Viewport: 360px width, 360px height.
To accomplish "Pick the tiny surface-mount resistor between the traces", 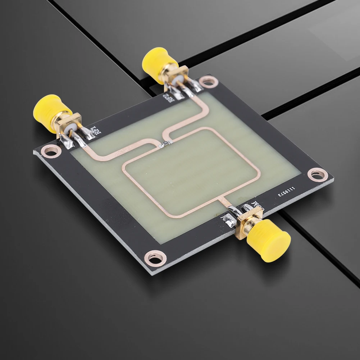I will coord(164,144).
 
